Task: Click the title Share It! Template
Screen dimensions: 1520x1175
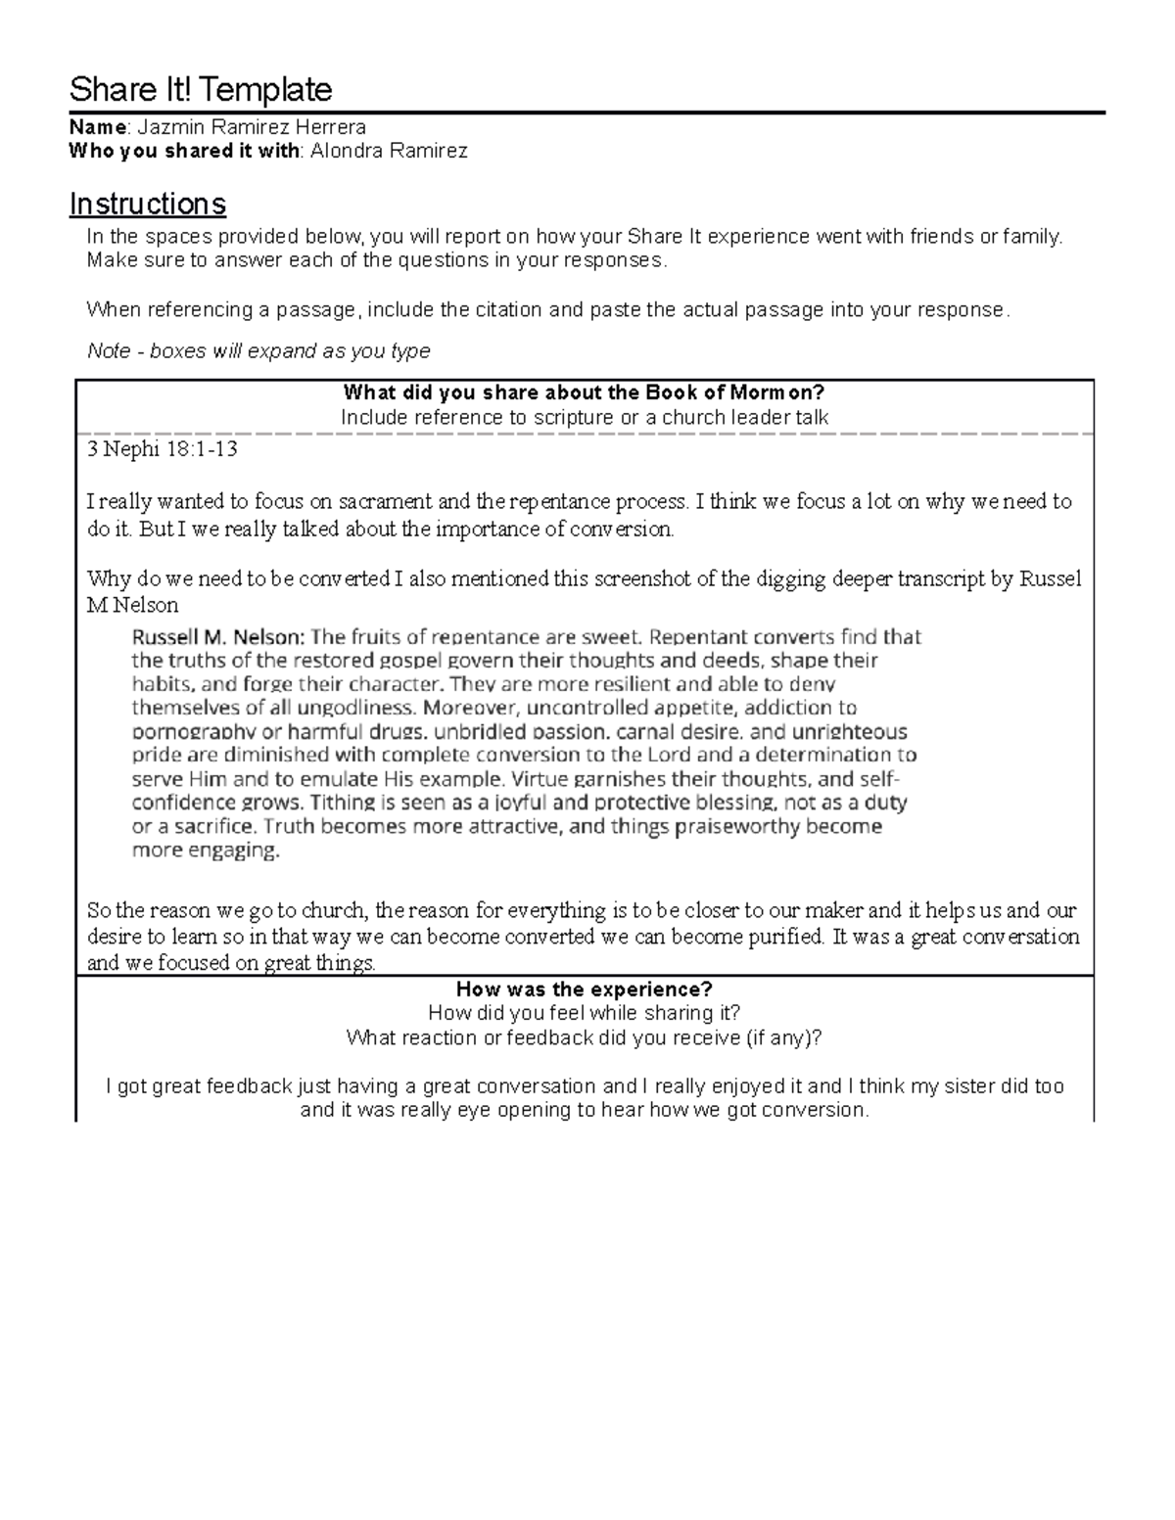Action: pyautogui.click(x=201, y=90)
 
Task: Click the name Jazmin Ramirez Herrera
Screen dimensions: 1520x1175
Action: pyautogui.click(x=252, y=127)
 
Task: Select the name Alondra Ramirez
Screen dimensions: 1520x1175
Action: pyautogui.click(x=389, y=151)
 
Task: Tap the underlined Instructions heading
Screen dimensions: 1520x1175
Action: pyautogui.click(x=148, y=204)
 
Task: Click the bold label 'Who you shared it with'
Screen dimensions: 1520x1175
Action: pyautogui.click(x=185, y=151)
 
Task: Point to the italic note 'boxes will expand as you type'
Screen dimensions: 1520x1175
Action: pyautogui.click(x=290, y=350)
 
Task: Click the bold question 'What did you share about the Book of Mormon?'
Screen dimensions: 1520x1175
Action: pyautogui.click(x=585, y=393)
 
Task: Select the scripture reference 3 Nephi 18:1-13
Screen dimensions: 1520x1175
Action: pyautogui.click(x=162, y=450)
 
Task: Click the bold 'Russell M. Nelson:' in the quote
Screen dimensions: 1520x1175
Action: pyautogui.click(x=218, y=637)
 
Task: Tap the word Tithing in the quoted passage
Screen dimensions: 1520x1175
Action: pyautogui.click(x=345, y=803)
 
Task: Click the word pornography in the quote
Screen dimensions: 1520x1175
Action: pyautogui.click(x=192, y=732)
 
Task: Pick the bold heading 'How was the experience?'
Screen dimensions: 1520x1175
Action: pyautogui.click(x=585, y=989)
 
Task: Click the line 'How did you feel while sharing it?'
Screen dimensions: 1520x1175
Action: pyautogui.click(x=585, y=1013)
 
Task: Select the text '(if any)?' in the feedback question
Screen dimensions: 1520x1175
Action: pyautogui.click(x=783, y=1037)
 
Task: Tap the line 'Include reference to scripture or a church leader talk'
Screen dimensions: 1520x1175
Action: pyautogui.click(x=585, y=418)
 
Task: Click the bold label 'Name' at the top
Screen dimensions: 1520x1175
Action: pyautogui.click(x=97, y=127)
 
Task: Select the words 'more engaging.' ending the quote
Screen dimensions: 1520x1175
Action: pyautogui.click(x=206, y=851)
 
